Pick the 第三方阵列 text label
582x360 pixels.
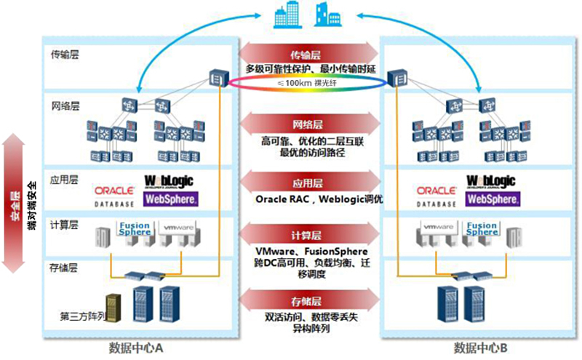tap(82, 316)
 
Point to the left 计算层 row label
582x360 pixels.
tap(65, 223)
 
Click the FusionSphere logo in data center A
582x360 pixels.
tap(135, 230)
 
